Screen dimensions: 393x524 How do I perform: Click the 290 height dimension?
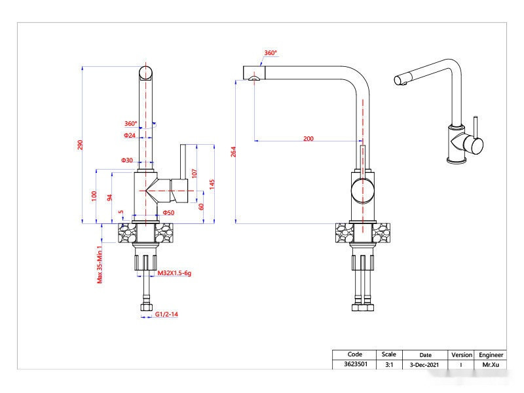(x=81, y=145)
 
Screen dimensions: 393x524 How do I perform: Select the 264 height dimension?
(x=234, y=152)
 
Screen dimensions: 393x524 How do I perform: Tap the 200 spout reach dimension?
(x=309, y=138)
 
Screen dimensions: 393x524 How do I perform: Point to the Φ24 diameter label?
(x=130, y=136)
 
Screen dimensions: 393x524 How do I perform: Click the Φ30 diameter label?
(x=127, y=160)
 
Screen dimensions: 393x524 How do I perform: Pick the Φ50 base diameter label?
(x=168, y=213)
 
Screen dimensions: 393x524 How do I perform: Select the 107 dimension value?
(x=195, y=174)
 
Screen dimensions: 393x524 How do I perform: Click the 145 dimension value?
(x=212, y=185)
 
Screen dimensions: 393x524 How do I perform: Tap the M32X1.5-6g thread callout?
(x=174, y=272)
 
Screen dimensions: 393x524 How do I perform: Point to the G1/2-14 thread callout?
(x=167, y=315)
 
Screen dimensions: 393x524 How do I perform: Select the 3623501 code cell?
(x=354, y=364)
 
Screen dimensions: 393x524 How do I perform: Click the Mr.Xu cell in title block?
(x=491, y=364)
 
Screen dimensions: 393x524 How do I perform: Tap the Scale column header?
(x=388, y=354)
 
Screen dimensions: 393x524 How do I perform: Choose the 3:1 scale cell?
(x=388, y=364)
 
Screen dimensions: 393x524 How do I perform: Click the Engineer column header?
(x=491, y=354)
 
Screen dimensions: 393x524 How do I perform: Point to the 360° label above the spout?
(x=271, y=52)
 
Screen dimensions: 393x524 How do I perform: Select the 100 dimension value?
(x=94, y=195)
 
